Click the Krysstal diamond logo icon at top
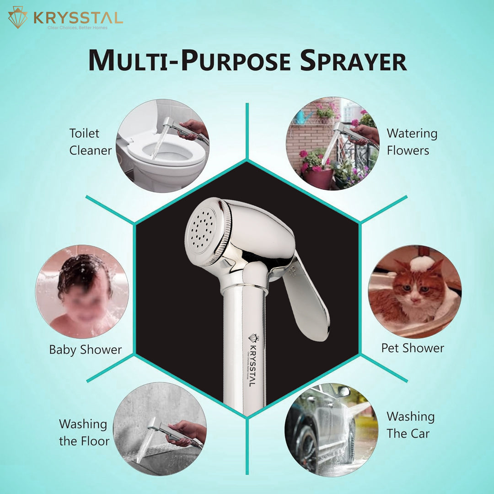coord(18,17)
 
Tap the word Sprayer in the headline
coord(353,60)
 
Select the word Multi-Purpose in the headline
coord(189,60)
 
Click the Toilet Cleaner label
coord(91,142)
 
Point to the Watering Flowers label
coord(412,142)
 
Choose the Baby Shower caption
coord(86,350)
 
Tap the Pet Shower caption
coord(413,348)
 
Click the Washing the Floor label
coord(84,432)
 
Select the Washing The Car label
coord(410,425)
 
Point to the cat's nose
coord(415,299)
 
